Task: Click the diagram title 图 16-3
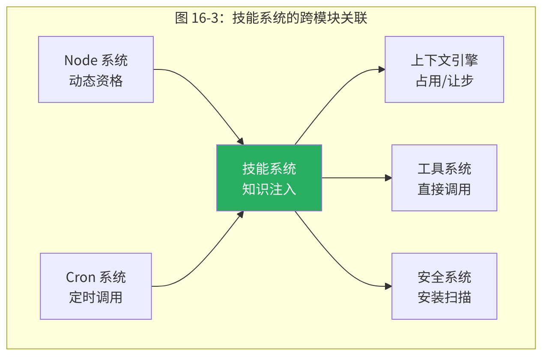[x=271, y=18]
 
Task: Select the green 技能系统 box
[x=269, y=178]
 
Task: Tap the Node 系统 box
[x=96, y=69]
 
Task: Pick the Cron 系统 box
[x=96, y=286]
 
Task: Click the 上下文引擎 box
[x=444, y=69]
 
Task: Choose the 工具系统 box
[x=444, y=178]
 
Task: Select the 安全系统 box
[x=444, y=286]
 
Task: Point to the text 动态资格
[x=96, y=81]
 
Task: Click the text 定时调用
[x=96, y=297]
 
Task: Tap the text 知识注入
[x=269, y=189]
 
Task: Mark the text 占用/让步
[x=444, y=81]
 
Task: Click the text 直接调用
[x=444, y=189]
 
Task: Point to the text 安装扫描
[x=444, y=297]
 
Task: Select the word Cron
[x=81, y=277]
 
